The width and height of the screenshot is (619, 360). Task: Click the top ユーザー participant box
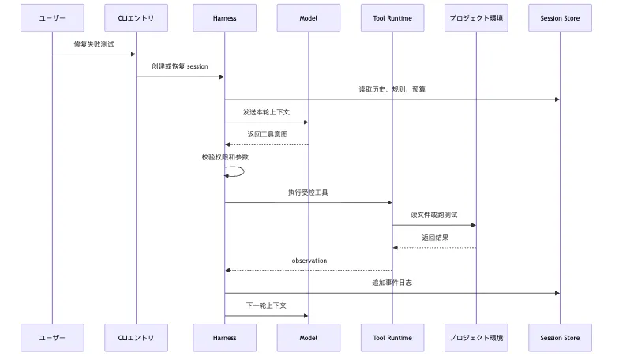[52, 17]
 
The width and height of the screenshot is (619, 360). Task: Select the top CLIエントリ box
[136, 17]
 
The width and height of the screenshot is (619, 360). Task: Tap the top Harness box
[224, 17]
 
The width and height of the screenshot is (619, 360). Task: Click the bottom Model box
[308, 338]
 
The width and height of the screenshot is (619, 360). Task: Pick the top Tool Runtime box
[392, 17]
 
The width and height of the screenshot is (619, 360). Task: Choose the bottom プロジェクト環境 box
[476, 338]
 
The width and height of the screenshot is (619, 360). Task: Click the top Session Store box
[561, 17]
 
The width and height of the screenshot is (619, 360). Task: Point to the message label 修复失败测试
[94, 44]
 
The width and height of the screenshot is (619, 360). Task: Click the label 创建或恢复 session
[180, 66]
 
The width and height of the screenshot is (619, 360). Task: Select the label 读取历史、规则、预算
[392, 89]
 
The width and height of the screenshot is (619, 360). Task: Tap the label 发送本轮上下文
[267, 112]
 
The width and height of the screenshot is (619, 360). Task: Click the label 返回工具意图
[267, 134]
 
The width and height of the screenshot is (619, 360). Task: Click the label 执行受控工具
[308, 193]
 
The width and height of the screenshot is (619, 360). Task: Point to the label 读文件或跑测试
[434, 215]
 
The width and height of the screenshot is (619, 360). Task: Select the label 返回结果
[435, 238]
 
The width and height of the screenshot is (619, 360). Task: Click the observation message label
[309, 261]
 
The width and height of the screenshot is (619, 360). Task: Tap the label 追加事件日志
[392, 283]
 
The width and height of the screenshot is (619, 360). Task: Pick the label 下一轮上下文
[267, 306]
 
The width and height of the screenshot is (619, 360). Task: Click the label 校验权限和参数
[226, 157]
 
